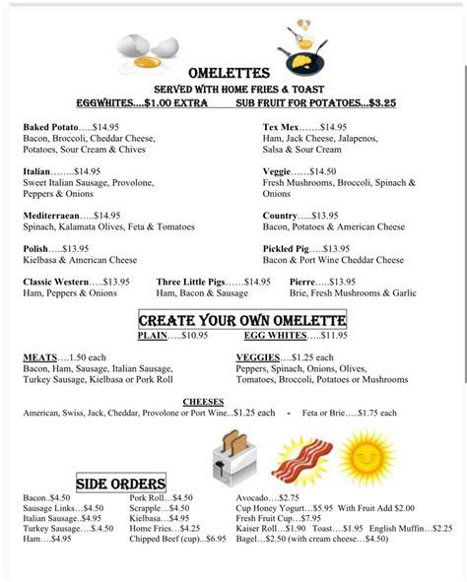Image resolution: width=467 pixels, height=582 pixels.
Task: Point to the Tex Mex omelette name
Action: tap(281, 127)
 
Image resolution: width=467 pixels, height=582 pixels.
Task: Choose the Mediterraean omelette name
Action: tap(55, 215)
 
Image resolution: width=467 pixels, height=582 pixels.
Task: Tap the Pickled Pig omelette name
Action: tap(287, 248)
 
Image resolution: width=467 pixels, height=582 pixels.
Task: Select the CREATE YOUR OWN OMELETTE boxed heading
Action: tap(241, 321)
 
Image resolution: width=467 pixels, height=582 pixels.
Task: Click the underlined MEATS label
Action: tap(40, 356)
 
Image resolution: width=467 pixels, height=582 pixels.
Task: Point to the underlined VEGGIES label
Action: tap(258, 356)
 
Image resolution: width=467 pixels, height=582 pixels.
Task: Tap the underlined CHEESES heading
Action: tap(204, 402)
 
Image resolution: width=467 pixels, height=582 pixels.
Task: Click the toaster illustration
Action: tap(233, 455)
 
